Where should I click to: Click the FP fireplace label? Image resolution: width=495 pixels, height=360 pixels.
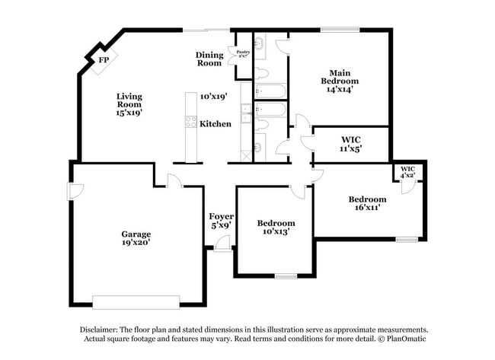click(x=99, y=61)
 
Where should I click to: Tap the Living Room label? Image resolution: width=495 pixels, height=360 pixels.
click(x=129, y=104)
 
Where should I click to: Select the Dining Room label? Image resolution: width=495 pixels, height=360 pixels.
click(x=209, y=59)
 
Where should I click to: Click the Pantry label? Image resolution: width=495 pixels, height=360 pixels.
click(x=243, y=53)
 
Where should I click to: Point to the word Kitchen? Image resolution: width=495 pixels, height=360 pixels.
click(x=216, y=123)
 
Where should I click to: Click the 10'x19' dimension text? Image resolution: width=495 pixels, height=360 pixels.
click(x=214, y=97)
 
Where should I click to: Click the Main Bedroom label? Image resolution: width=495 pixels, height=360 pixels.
click(x=340, y=80)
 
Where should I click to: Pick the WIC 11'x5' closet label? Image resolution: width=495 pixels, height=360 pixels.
click(x=351, y=144)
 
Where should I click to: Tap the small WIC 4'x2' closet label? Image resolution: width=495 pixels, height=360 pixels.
click(x=407, y=171)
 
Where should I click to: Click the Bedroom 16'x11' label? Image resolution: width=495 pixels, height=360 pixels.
click(x=369, y=203)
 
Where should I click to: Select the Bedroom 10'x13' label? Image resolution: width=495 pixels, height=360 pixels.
click(x=275, y=226)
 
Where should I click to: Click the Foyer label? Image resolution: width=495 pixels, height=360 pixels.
click(x=222, y=221)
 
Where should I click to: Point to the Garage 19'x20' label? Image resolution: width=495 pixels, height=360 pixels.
click(x=136, y=237)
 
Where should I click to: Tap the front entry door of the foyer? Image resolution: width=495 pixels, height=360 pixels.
click(x=222, y=244)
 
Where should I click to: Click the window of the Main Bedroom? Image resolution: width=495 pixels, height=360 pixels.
click(x=340, y=30)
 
